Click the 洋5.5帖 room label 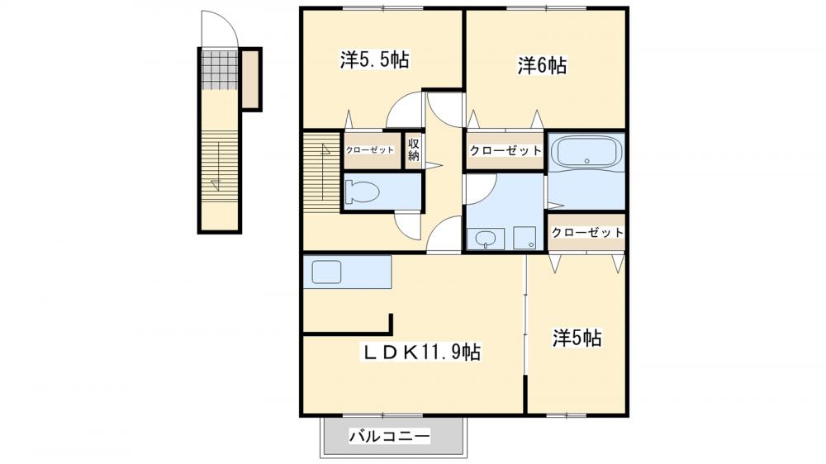point(375,60)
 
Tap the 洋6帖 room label point(542,66)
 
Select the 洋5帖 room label point(576,338)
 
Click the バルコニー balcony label point(389,436)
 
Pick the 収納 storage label point(413,149)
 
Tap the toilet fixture point(363,192)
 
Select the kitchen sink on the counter point(327,271)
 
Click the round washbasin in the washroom point(486,239)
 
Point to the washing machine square point(524,238)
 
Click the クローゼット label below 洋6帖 point(505,150)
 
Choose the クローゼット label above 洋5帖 point(586,232)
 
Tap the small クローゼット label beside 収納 point(369,149)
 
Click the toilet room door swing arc point(408,225)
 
